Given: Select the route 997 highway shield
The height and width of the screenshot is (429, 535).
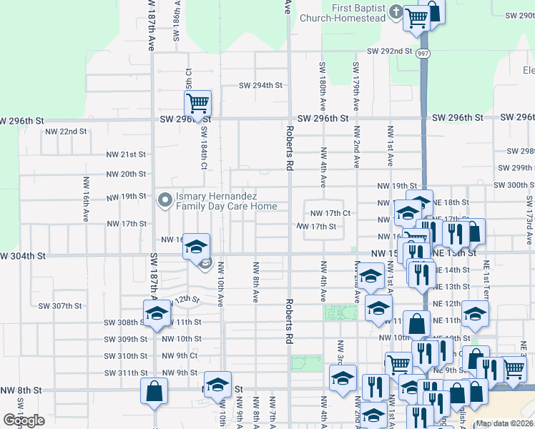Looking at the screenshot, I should [x=423, y=54].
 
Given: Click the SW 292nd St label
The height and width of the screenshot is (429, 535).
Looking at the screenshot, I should [x=390, y=51].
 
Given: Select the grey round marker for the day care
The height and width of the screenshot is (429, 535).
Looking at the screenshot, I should [x=165, y=201].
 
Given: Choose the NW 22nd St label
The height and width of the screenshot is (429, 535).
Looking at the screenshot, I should [x=66, y=132].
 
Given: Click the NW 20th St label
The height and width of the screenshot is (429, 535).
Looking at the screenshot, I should [x=126, y=174].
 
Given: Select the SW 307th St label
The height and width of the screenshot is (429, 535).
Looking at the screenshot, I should [x=60, y=305].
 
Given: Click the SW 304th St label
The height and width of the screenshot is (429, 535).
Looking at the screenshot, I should [x=23, y=255].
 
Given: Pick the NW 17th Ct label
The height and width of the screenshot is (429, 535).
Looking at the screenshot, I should [x=330, y=213].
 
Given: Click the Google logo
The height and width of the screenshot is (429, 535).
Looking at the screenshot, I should [x=24, y=420].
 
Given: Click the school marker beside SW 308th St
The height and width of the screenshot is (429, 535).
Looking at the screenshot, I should [x=155, y=313].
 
